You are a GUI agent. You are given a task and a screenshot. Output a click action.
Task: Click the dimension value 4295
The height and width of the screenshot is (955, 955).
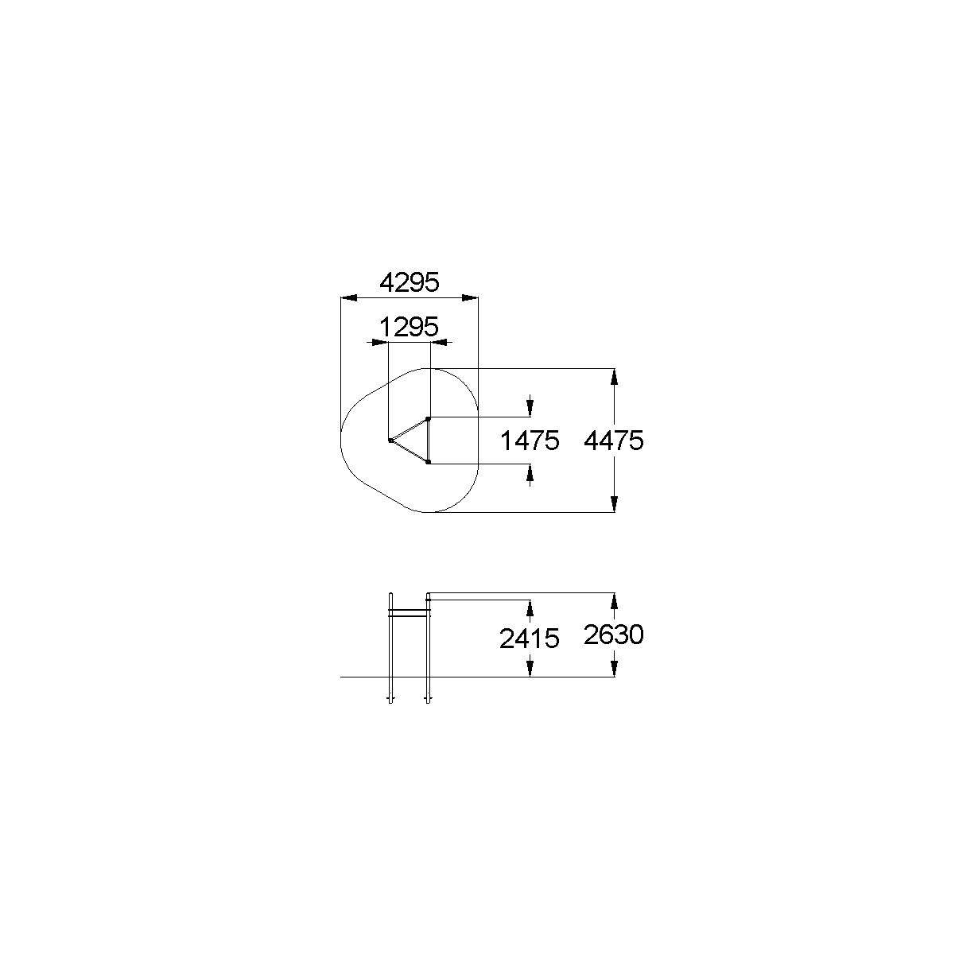click(x=410, y=282)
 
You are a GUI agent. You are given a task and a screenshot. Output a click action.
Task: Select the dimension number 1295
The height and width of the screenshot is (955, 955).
click(x=410, y=327)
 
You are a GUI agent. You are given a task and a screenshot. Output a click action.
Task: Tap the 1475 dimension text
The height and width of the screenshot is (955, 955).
click(x=530, y=441)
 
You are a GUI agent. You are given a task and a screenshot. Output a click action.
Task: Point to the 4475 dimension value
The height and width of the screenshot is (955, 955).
click(x=614, y=440)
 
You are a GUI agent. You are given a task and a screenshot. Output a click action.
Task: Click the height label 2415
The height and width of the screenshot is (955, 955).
click(x=530, y=639)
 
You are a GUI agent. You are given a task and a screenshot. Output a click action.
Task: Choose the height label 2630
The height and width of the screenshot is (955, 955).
click(x=614, y=635)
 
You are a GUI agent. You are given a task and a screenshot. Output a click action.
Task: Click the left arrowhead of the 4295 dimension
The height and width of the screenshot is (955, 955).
click(x=349, y=298)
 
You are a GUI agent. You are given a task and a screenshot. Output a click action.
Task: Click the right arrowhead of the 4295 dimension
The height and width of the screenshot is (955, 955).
click(x=470, y=298)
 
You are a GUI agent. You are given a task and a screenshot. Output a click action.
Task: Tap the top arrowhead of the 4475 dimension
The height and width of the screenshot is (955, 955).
click(x=615, y=377)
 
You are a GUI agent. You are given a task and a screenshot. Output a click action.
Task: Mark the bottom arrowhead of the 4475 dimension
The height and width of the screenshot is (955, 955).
click(x=615, y=504)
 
